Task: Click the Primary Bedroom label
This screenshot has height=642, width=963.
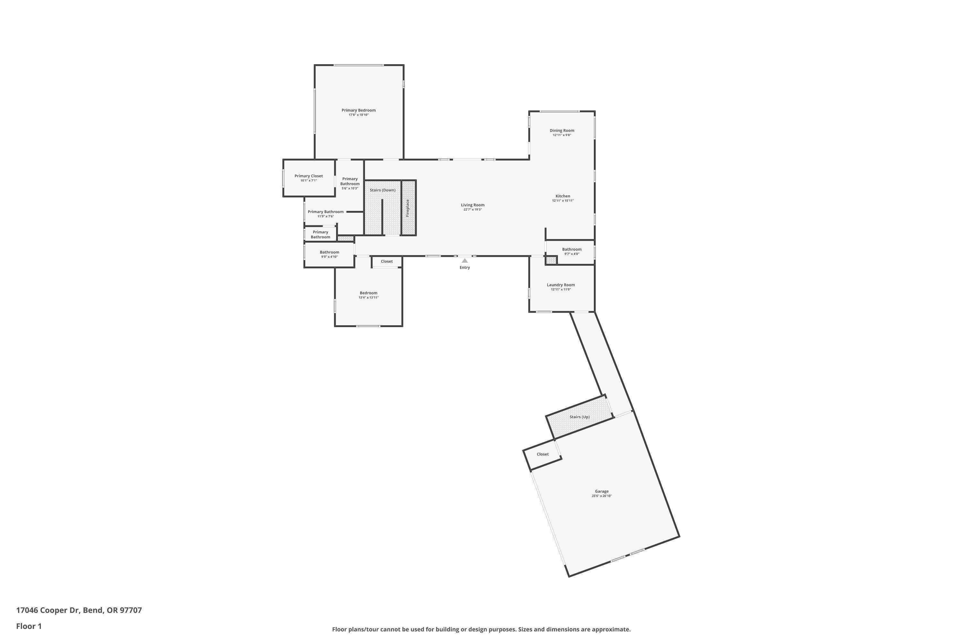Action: (x=358, y=110)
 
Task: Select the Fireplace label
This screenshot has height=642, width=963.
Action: (x=407, y=208)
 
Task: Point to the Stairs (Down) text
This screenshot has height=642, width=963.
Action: (x=382, y=190)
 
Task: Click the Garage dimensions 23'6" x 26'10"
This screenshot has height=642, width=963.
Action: (x=602, y=496)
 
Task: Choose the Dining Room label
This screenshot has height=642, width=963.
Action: (x=562, y=131)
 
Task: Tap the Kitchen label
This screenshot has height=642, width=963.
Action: (x=563, y=196)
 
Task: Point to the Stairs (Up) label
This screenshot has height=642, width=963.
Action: (x=579, y=417)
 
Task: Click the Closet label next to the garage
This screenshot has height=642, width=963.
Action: (x=542, y=454)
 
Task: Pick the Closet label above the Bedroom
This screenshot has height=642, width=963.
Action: (x=386, y=261)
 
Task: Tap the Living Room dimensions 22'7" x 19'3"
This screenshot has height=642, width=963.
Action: (x=473, y=210)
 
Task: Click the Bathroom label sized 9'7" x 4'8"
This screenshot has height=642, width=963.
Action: (x=572, y=249)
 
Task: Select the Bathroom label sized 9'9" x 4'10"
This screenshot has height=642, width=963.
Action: (x=329, y=252)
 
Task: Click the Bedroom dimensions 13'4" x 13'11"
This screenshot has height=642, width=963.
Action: (x=369, y=298)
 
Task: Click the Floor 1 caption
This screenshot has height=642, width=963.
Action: (x=29, y=626)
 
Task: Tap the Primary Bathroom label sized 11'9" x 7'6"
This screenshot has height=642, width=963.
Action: (x=325, y=212)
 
